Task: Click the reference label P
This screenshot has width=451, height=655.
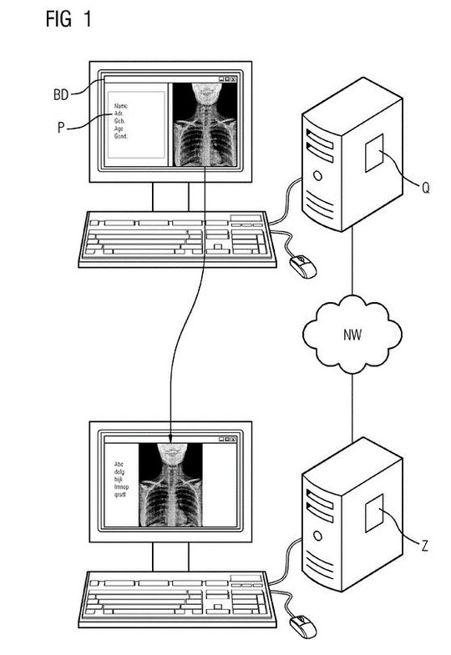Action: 56,128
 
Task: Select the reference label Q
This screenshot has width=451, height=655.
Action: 425,188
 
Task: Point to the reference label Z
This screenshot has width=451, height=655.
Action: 425,547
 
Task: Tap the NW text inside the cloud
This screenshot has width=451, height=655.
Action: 352,336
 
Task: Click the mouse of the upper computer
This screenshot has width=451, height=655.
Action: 302,265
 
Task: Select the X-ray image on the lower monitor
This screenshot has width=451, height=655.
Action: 170,485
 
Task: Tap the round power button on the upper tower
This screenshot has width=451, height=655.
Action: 317,176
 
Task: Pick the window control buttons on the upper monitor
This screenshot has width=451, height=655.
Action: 227,79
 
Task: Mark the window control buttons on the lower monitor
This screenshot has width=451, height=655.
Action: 227,438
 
